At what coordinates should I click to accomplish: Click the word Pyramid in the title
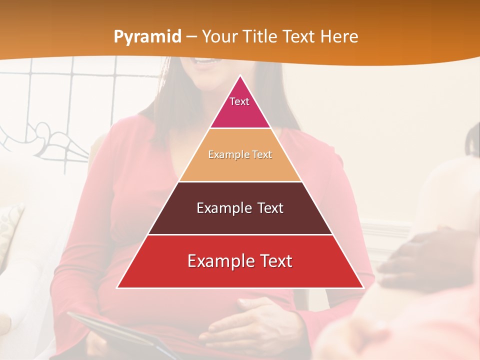(147, 37)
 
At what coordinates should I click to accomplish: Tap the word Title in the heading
(261, 36)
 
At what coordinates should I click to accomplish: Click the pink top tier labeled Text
(240, 105)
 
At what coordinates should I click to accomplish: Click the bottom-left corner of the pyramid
(118, 287)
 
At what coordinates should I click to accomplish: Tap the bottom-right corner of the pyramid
(362, 287)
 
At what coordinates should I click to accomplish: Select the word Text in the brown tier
(270, 208)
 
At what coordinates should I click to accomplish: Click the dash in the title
(191, 37)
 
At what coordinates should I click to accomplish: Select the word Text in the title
(299, 36)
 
